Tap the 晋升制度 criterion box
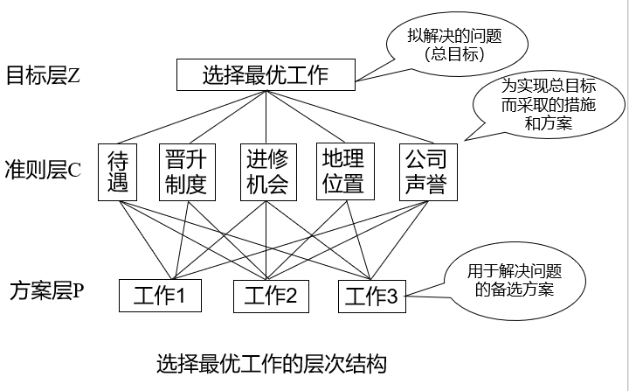coord(185,172)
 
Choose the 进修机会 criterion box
coord(265,172)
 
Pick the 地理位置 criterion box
coord(342,172)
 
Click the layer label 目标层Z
coord(44,74)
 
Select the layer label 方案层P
coord(46,289)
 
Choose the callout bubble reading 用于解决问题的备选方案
coord(515,281)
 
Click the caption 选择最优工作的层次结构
coord(271,361)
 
